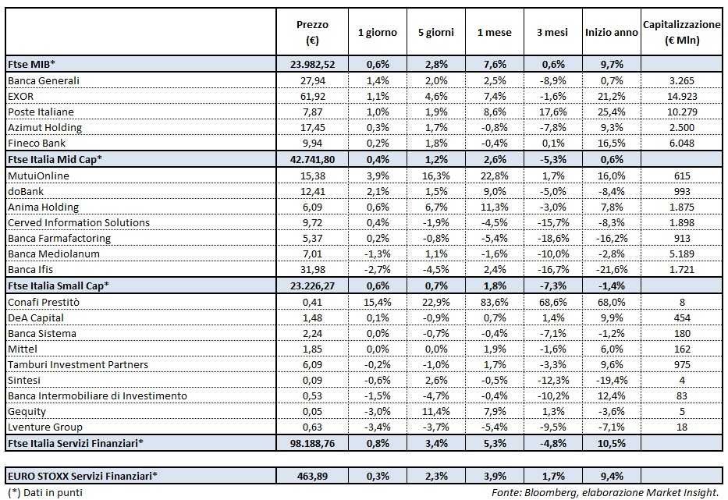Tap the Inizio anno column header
[x=612, y=33]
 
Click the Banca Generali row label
[x=43, y=80]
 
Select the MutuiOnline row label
[x=37, y=176]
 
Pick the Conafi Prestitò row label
[x=44, y=301]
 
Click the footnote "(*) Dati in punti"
[x=44, y=492]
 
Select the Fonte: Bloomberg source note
[x=605, y=492]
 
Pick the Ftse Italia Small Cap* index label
[x=57, y=285]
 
